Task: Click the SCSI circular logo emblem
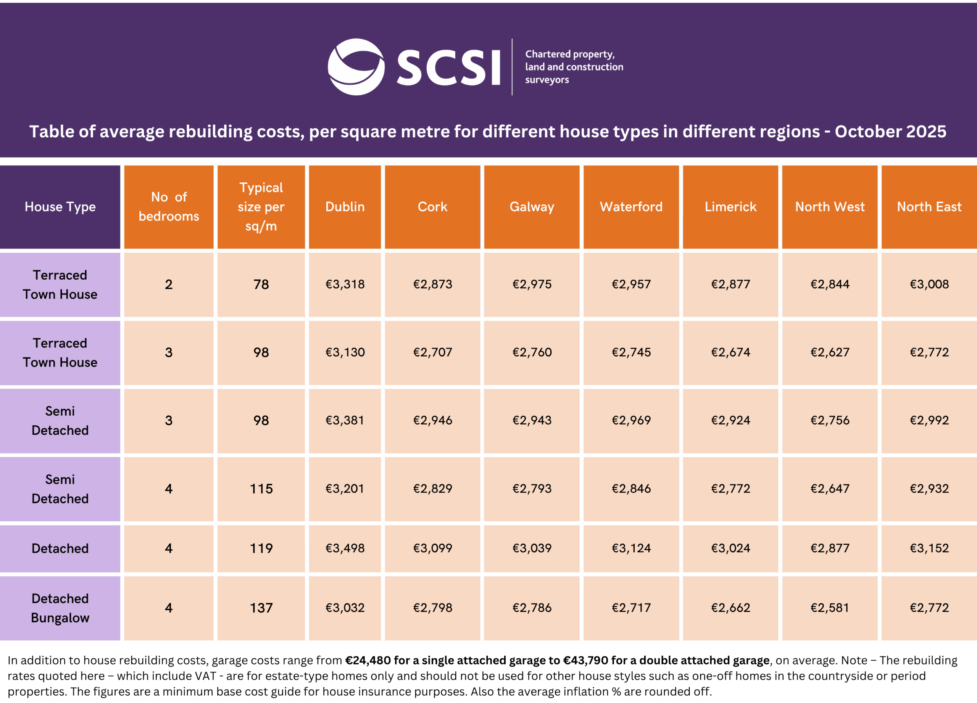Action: point(356,67)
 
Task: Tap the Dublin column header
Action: point(345,207)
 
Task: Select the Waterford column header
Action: point(631,207)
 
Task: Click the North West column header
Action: point(830,207)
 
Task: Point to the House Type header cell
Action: point(60,207)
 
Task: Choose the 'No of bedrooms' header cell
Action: point(168,207)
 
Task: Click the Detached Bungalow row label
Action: point(60,608)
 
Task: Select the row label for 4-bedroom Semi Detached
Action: point(60,489)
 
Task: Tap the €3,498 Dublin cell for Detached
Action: point(345,548)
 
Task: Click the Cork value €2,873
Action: point(432,284)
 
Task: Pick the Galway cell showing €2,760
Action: point(532,352)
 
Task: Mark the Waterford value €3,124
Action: point(631,548)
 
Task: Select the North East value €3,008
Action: point(929,284)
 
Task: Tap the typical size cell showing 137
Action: point(261,608)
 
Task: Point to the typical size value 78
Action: point(261,284)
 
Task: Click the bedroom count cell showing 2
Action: point(168,284)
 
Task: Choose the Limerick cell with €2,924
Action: point(730,420)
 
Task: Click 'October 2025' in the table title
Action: point(890,131)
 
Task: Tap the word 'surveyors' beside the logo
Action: point(547,80)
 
